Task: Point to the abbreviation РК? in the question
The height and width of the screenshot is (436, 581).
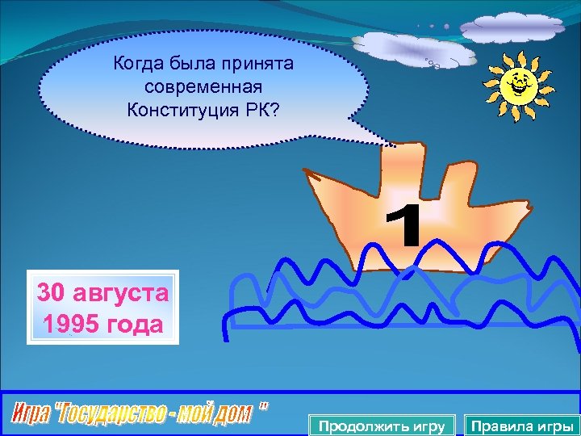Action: pyautogui.click(x=260, y=108)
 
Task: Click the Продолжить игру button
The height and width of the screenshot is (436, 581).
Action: pyautogui.click(x=382, y=426)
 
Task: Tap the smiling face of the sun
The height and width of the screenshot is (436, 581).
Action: pyautogui.click(x=516, y=82)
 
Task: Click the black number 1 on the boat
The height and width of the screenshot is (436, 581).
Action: pyautogui.click(x=404, y=226)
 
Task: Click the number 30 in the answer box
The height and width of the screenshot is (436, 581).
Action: pyautogui.click(x=51, y=291)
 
